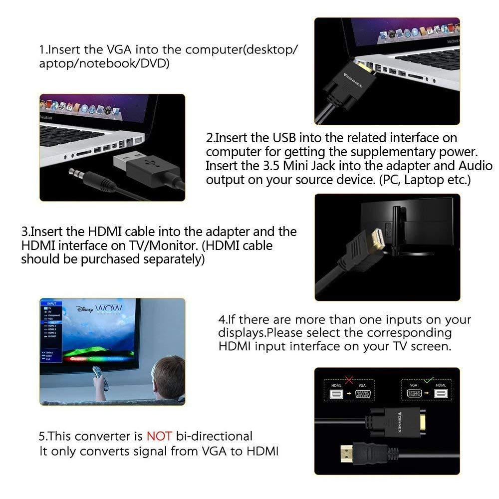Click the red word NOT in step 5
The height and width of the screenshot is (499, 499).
tap(159, 436)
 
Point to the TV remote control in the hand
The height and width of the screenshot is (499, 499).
tap(100, 378)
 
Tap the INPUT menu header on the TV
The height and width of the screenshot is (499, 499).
tap(51, 303)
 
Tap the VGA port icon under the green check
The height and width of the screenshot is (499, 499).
tap(414, 393)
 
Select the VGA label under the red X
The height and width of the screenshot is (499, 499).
tap(362, 385)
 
